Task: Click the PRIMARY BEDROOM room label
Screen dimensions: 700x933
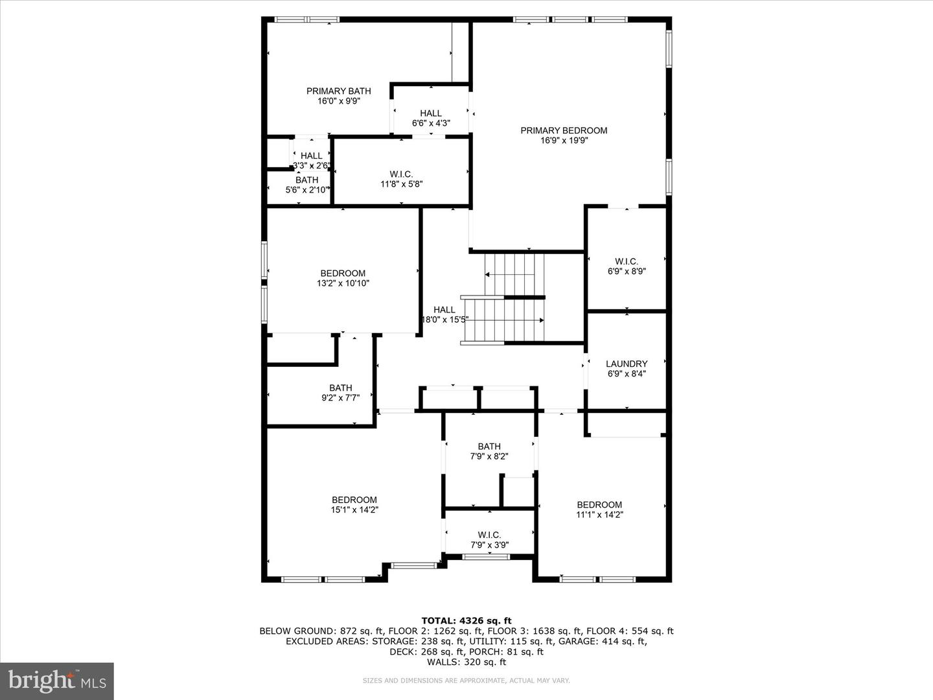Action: (564, 130)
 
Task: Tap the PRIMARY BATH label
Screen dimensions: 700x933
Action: (338, 91)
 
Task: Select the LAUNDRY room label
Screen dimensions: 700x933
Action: (627, 364)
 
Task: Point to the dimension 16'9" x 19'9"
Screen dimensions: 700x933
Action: (564, 141)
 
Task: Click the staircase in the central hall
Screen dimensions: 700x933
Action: (512, 298)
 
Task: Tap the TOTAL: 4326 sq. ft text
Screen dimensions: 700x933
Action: (466, 621)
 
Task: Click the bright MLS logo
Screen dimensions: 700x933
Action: (57, 681)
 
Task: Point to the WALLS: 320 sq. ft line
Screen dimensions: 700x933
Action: (466, 662)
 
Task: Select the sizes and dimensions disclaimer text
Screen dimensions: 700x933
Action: (466, 681)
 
